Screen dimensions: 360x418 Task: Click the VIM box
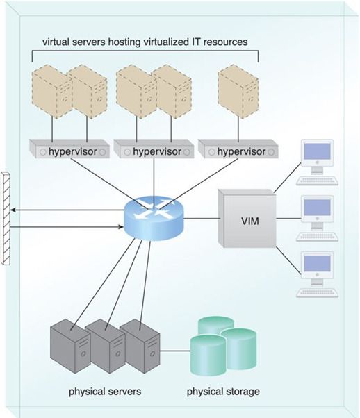(247, 219)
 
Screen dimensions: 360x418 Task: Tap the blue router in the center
(154, 219)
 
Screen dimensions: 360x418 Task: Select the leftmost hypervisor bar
(69, 149)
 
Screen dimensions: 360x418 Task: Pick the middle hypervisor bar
(154, 149)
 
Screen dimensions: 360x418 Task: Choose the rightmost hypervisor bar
(238, 149)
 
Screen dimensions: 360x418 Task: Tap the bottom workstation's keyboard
(318, 292)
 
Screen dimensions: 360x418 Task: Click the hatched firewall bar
(6, 219)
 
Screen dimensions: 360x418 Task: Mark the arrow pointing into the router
(67, 227)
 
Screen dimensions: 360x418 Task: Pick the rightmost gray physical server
(140, 346)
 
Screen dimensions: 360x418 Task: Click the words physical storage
(223, 392)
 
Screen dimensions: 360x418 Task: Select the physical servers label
(105, 392)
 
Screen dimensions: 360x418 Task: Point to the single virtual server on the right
(238, 91)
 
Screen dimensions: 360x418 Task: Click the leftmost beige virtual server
(52, 91)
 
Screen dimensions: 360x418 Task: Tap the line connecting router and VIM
(202, 219)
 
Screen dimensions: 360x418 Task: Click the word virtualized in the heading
(165, 42)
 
